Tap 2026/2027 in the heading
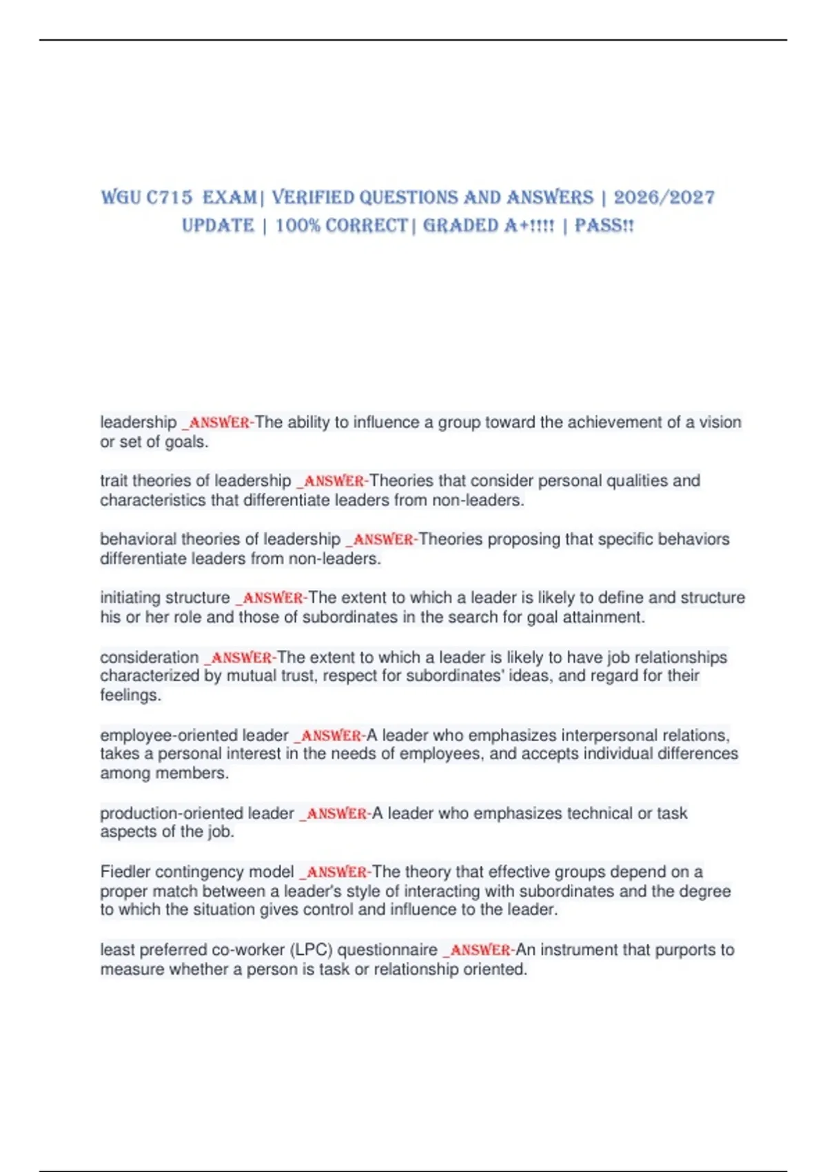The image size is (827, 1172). [664, 198]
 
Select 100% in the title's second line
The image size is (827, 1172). [298, 226]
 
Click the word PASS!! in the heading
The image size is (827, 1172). [604, 226]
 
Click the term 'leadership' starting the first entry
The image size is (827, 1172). [139, 422]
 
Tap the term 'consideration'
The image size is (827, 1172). [149, 657]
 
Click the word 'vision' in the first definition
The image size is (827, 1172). [720, 422]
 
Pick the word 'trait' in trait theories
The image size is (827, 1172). [113, 481]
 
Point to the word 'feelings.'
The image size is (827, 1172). [130, 695]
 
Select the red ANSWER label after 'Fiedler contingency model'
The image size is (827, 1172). [336, 872]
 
